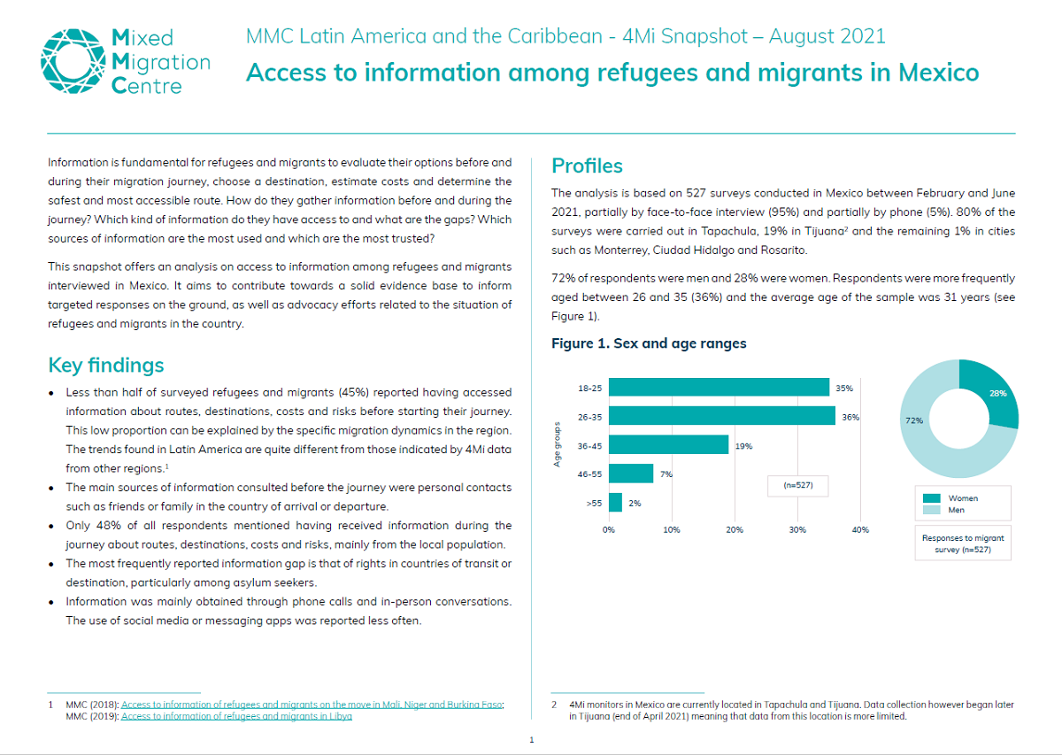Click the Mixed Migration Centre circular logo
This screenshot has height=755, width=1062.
(72, 60)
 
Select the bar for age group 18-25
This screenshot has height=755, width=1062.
(719, 388)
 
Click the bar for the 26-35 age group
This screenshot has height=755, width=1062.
(721, 416)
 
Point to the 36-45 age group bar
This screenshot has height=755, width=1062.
(668, 445)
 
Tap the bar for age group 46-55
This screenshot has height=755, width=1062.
(631, 474)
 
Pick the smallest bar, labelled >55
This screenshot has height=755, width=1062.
(615, 502)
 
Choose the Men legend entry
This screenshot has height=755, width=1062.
(957, 510)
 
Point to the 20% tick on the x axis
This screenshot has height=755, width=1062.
(735, 529)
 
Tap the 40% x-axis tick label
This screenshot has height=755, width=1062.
(859, 529)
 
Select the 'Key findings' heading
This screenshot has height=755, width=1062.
(106, 366)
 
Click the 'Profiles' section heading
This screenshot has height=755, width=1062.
(587, 166)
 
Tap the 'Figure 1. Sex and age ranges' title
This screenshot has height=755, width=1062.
(649, 343)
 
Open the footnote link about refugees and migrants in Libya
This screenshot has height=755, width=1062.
(236, 716)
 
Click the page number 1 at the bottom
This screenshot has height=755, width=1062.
(531, 739)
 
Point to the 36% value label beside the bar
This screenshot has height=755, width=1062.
(850, 416)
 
